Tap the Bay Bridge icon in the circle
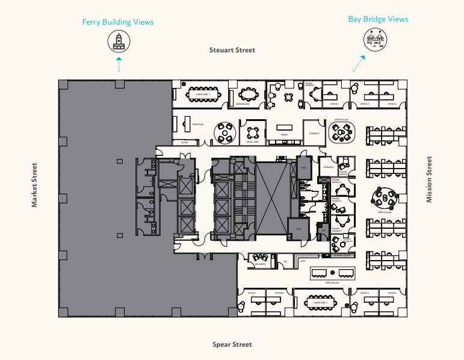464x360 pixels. [378, 39]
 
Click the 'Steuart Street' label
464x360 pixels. [232, 50]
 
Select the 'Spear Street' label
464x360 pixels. [232, 344]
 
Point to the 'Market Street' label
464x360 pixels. [34, 185]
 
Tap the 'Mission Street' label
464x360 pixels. [429, 179]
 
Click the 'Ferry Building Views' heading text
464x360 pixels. [118, 22]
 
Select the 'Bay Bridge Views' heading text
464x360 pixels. [378, 19]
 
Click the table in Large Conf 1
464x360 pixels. [203, 95]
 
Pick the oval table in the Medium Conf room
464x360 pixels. [248, 94]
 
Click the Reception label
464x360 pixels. [197, 125]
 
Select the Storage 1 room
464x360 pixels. [314, 134]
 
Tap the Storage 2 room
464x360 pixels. [328, 167]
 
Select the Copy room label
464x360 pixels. [303, 261]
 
